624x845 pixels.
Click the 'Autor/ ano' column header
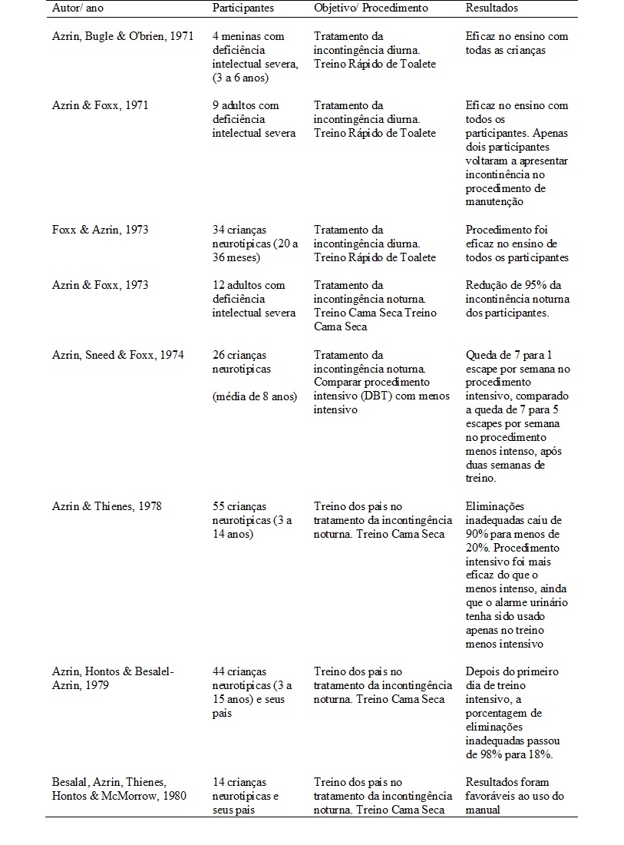point(77,8)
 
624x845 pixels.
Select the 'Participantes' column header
point(243,8)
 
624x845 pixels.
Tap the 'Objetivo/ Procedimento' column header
point(371,8)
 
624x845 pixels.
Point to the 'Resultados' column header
point(491,8)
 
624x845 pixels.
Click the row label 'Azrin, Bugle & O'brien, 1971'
point(123,36)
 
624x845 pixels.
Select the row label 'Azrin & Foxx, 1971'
point(100,105)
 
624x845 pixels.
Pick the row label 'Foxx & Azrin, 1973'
point(100,230)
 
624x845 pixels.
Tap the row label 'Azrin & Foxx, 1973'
point(100,285)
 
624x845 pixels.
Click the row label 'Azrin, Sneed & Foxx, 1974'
point(117,355)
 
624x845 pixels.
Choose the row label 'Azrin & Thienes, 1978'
point(107,507)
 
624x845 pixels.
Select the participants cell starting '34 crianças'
point(246,244)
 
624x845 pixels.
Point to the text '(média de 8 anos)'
point(254,396)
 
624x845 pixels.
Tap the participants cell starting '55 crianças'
point(252,520)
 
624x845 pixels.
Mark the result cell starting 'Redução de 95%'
point(517,299)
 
